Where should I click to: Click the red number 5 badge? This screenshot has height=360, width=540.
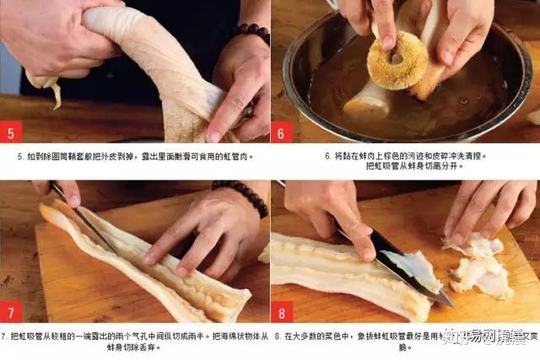[11, 132]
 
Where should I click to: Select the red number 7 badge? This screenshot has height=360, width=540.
[11, 312]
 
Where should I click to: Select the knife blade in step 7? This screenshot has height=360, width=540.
[84, 221]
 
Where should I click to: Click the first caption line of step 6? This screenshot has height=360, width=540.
[405, 156]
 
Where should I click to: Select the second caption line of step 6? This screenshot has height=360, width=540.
[405, 167]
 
